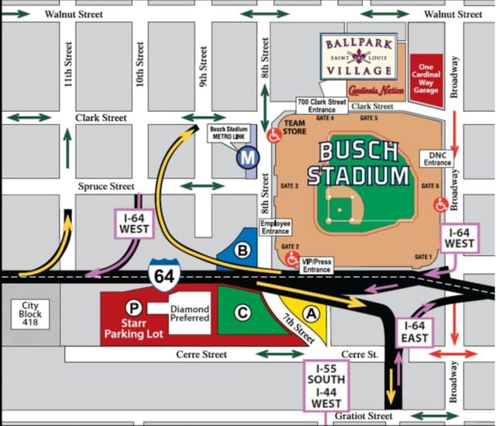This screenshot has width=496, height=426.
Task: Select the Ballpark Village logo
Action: click(x=359, y=56)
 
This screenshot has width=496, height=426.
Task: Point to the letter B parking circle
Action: click(x=243, y=251)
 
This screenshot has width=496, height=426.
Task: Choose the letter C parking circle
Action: click(x=243, y=312)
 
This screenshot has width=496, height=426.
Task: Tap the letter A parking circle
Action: click(x=312, y=313)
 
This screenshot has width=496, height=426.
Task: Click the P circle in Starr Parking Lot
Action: click(x=135, y=307)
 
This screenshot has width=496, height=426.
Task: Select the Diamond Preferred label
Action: click(x=190, y=313)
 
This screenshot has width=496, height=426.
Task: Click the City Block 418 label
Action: click(x=29, y=314)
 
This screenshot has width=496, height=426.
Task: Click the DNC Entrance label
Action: click(x=437, y=158)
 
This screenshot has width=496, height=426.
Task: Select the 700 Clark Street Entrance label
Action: click(x=322, y=106)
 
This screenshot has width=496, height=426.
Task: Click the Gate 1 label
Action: click(x=423, y=257)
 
